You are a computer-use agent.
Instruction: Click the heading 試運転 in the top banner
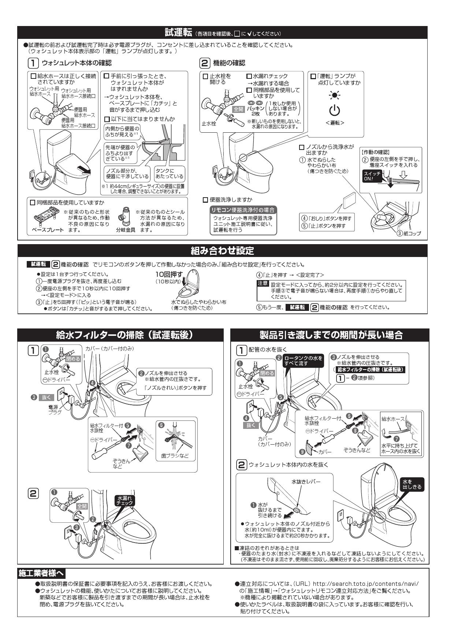(x=178, y=33)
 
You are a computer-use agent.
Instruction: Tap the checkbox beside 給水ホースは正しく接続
(x=33, y=76)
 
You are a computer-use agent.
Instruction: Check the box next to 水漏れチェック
(x=249, y=76)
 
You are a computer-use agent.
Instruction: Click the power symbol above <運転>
(x=335, y=110)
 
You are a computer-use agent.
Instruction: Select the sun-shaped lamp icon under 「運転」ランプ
(x=334, y=95)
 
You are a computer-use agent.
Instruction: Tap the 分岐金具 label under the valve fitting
(x=126, y=230)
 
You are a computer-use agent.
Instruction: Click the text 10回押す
(x=169, y=275)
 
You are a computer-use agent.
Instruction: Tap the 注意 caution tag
(x=263, y=284)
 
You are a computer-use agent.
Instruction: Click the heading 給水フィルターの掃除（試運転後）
(x=124, y=335)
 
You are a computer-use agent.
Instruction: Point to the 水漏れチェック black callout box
(x=124, y=501)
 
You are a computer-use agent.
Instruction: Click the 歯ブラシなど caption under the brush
(x=174, y=456)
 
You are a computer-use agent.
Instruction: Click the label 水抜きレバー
(x=306, y=482)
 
